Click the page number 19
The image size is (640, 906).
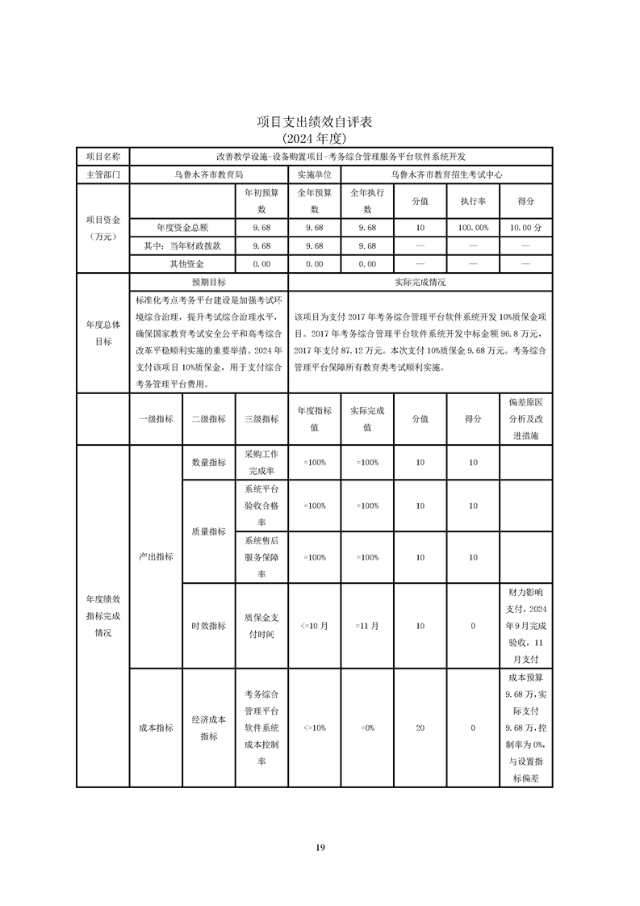[320, 847]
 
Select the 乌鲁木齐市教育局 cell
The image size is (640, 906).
[208, 174]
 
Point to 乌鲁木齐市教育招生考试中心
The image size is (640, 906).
[446, 174]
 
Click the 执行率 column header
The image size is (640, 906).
[473, 201]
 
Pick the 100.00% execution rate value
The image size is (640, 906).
[473, 228]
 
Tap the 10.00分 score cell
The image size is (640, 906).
[525, 228]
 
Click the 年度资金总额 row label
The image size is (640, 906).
[182, 228]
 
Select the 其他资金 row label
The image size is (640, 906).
[182, 263]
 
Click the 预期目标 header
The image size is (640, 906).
[208, 283]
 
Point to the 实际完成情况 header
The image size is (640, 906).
[420, 283]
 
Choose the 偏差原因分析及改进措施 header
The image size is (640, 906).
[525, 418]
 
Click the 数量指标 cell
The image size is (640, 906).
[208, 462]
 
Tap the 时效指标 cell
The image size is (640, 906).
[208, 626]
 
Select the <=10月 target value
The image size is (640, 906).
[314, 626]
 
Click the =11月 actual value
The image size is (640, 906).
[366, 626]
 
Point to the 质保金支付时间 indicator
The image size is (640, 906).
[261, 626]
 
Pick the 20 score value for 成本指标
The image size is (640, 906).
[420, 728]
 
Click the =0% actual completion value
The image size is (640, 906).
[367, 728]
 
